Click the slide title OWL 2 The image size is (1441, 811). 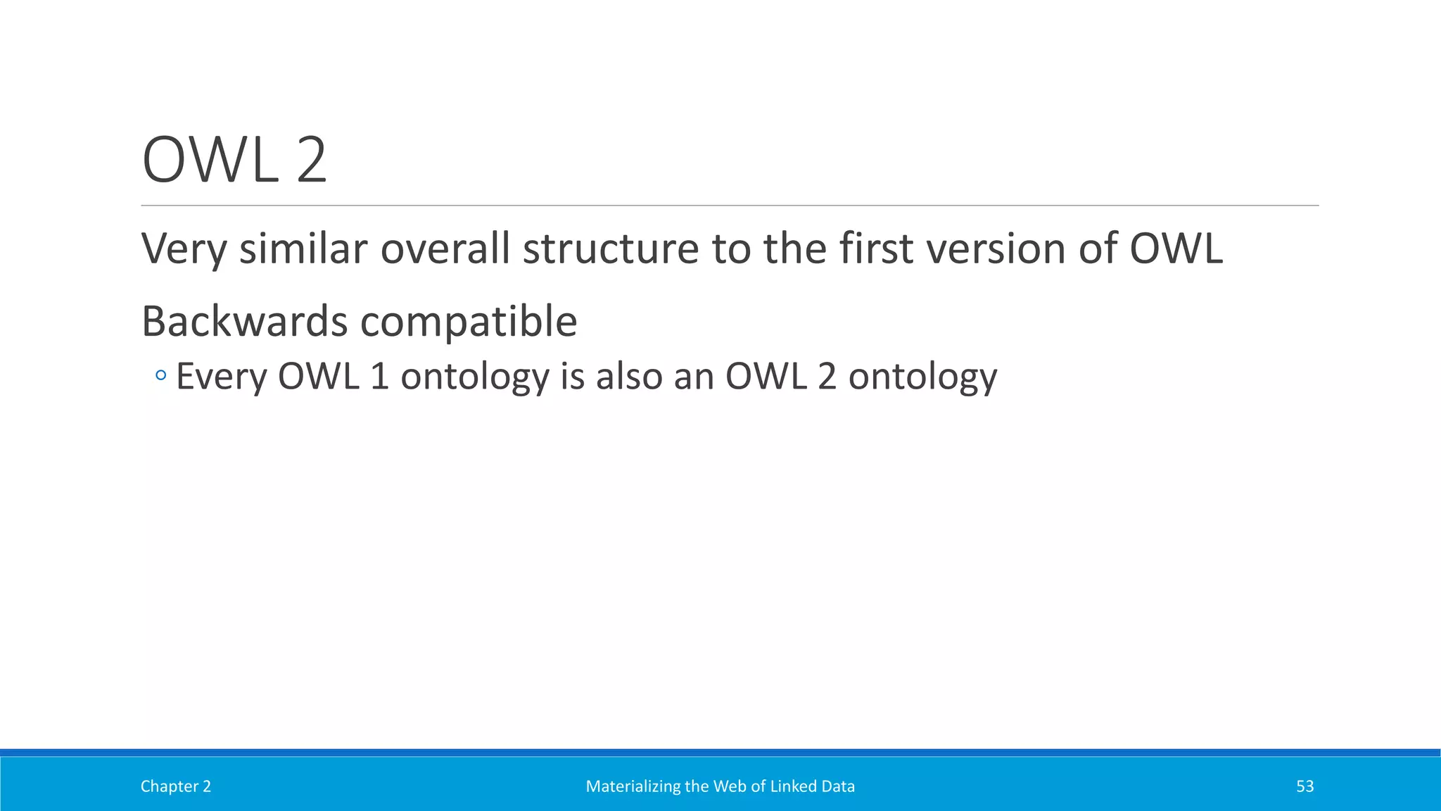pyautogui.click(x=234, y=161)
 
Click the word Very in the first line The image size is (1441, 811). pyautogui.click(x=184, y=249)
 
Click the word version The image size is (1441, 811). pyautogui.click(x=996, y=249)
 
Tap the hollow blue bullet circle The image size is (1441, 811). pyautogui.click(x=161, y=376)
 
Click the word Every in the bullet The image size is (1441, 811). pyautogui.click(x=222, y=377)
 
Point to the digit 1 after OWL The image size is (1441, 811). pyautogui.click(x=379, y=377)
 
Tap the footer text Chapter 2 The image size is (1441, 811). pyautogui.click(x=175, y=786)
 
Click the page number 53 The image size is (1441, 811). pyautogui.click(x=1304, y=786)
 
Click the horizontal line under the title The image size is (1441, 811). pyautogui.click(x=730, y=206)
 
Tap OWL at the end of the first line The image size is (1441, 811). pyautogui.click(x=1176, y=249)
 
